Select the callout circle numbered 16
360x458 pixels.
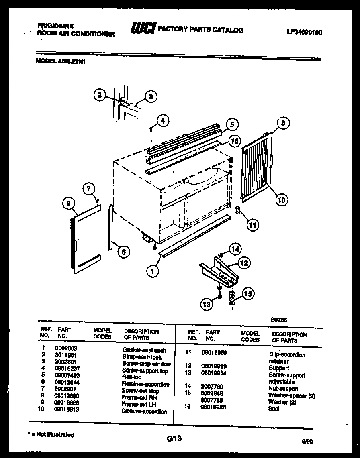click(235, 140)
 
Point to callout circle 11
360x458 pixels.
click(252, 225)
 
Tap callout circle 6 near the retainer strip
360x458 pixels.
click(123, 252)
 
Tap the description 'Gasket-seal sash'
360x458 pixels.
click(144, 350)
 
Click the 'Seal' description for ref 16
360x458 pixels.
click(274, 409)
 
